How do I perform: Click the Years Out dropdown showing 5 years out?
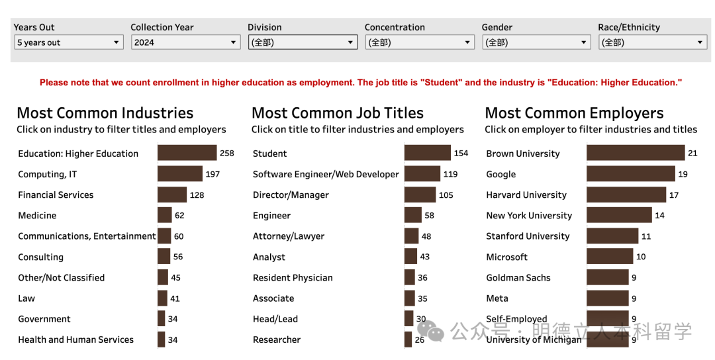69,42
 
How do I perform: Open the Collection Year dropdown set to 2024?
185,42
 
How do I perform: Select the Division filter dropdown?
303,42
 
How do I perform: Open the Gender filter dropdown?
536,42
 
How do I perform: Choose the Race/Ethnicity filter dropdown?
653,42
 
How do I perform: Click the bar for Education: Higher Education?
187,153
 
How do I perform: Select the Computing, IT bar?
179,174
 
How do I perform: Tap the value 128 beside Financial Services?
197,195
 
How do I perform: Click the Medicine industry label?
37,216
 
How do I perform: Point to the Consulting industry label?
41,257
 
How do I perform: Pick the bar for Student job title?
427,153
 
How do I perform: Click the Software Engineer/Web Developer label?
326,174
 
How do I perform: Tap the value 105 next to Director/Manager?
446,195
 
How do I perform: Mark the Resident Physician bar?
410,277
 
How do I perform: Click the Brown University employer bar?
635,153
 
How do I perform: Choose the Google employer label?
501,174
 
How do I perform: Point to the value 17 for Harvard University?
674,195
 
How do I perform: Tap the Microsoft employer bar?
610,257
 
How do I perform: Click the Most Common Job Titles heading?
338,113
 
